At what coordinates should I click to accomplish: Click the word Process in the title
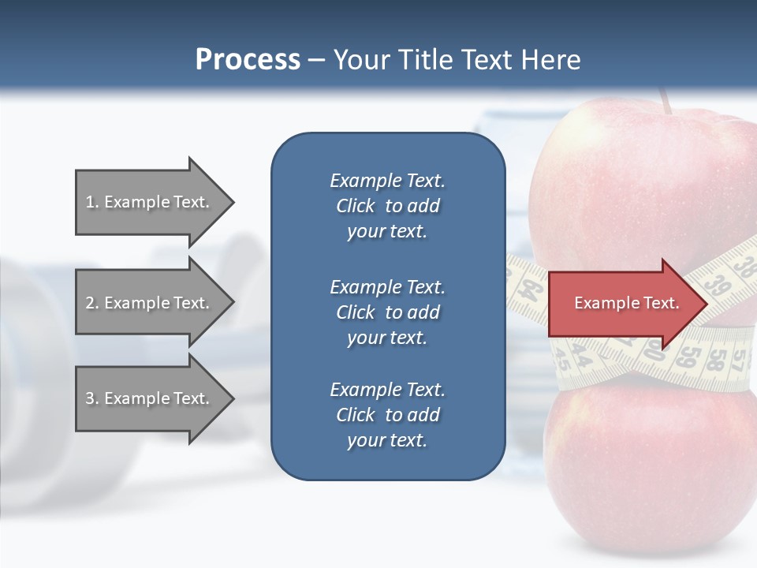(248, 60)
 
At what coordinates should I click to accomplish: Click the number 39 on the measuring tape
(717, 285)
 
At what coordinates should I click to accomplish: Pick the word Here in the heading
(551, 60)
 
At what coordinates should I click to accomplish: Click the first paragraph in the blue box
(387, 206)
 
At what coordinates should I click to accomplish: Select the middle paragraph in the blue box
(387, 312)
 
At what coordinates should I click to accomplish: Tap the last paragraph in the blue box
(387, 415)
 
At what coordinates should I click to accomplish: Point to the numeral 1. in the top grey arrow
(91, 202)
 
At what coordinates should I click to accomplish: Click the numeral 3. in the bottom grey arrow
(91, 398)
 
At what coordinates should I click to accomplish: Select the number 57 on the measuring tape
(738, 360)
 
